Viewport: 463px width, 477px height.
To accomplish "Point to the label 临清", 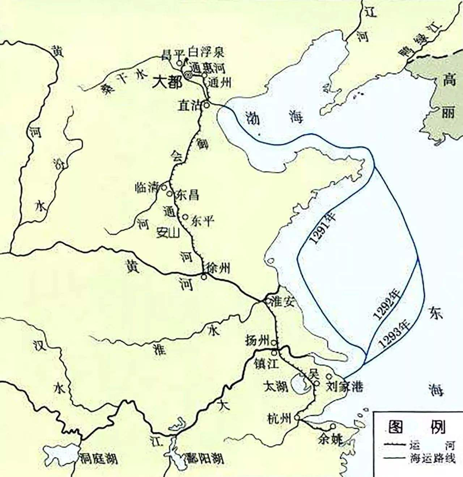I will (x=147, y=187).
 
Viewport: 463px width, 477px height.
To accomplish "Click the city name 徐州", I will (x=218, y=268).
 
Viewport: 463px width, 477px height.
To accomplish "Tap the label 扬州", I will (x=258, y=341).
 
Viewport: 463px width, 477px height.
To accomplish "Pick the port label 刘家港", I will (x=344, y=387).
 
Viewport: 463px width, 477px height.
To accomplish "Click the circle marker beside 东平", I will (x=185, y=217).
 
